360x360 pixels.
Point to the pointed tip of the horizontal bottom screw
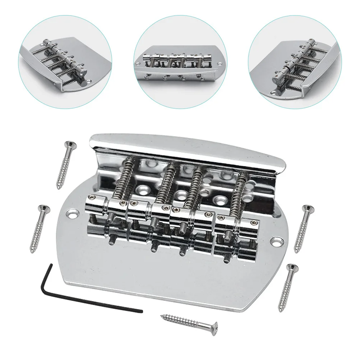pos(161,316)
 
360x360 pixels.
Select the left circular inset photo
pos(65,60)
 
